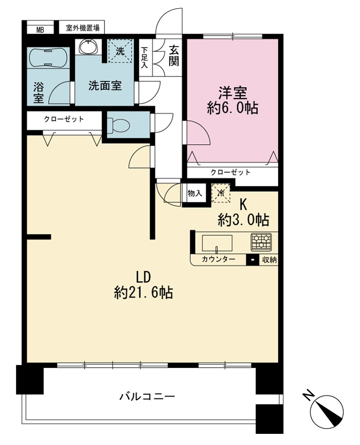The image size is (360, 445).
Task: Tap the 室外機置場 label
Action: tap(83, 28)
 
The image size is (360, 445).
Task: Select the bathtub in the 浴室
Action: tap(48, 58)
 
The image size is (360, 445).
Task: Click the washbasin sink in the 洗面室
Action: tap(88, 46)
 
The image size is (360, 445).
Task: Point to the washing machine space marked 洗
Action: tap(120, 51)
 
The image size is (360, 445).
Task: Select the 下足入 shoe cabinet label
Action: tap(145, 58)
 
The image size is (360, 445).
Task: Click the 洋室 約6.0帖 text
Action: tap(233, 100)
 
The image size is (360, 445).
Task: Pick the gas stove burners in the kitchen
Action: tap(261, 242)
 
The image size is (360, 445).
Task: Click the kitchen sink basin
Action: tap(217, 243)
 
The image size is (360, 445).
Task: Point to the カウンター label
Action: tap(218, 259)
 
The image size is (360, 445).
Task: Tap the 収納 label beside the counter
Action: tap(269, 260)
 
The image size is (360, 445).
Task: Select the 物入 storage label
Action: tap(195, 194)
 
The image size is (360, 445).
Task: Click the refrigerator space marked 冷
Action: tap(221, 193)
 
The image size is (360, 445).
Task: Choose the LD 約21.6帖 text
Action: tap(143, 285)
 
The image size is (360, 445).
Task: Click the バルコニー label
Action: tap(147, 396)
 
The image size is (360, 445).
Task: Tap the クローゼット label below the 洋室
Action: tap(230, 172)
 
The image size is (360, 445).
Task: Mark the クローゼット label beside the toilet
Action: tap(64, 119)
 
